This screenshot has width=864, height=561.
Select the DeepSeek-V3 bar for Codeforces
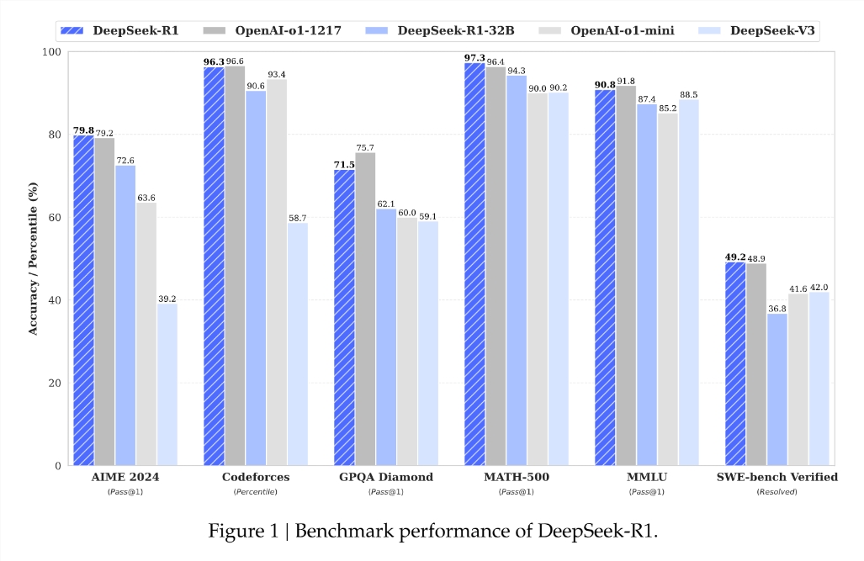click(x=298, y=344)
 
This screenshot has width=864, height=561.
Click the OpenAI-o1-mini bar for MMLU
click(x=668, y=289)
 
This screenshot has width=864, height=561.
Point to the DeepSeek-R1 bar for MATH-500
click(x=474, y=264)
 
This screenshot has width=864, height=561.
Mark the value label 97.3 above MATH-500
click(x=474, y=57)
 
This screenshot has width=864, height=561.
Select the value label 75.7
click(x=365, y=147)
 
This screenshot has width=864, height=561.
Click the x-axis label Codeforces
click(x=256, y=477)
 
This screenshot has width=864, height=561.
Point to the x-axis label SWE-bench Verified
click(x=777, y=477)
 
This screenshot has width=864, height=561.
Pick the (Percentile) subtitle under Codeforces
click(x=256, y=491)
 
